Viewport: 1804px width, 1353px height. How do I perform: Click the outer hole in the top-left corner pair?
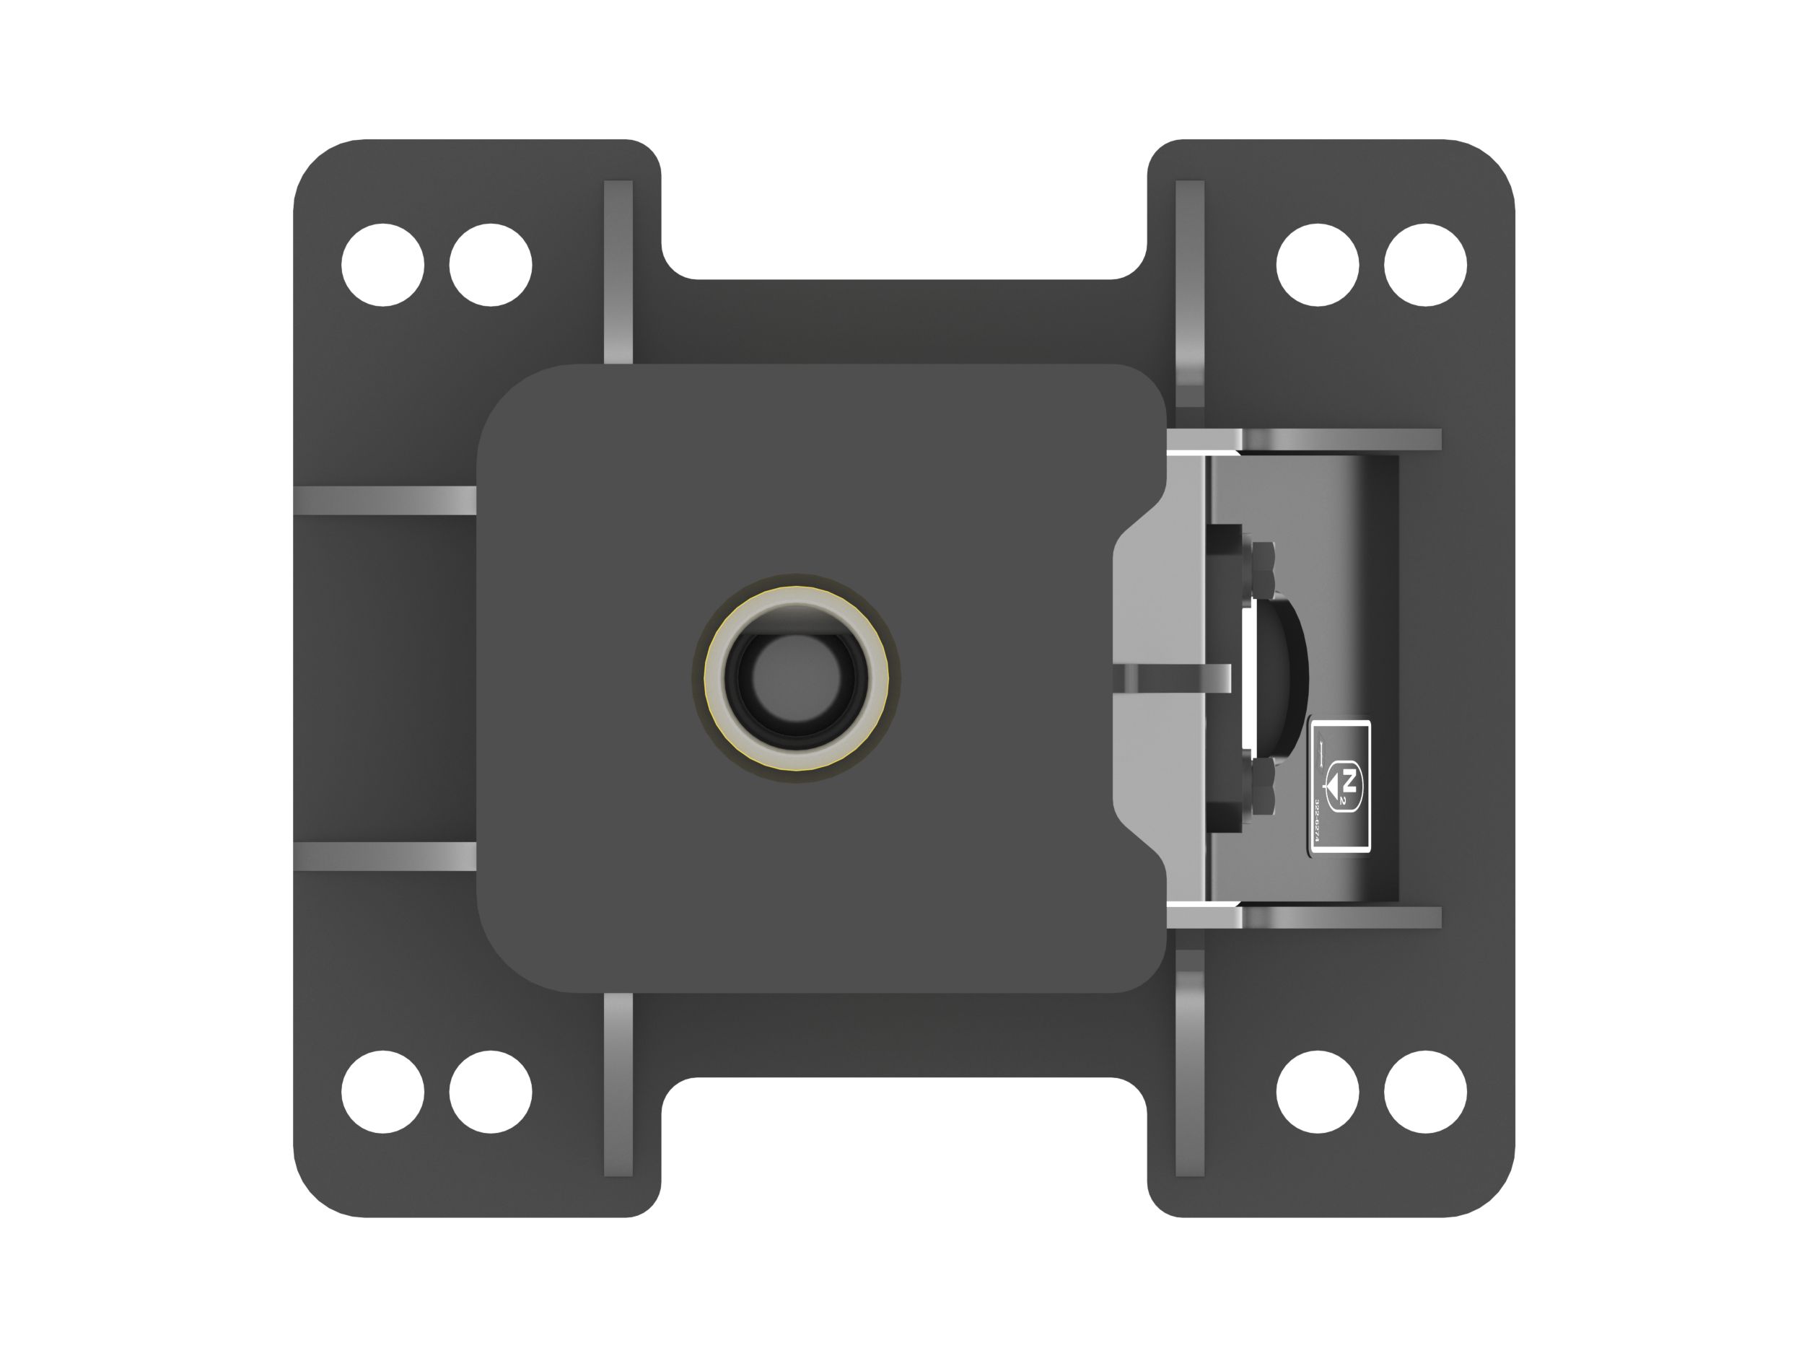point(382,265)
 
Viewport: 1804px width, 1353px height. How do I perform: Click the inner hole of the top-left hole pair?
point(490,265)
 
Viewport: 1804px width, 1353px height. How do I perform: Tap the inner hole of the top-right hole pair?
point(1317,265)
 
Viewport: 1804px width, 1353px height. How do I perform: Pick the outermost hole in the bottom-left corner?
point(382,1092)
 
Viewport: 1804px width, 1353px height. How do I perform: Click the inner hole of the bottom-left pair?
point(490,1092)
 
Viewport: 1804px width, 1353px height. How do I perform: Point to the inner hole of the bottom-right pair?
point(1317,1092)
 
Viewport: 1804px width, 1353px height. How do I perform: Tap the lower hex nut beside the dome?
point(1264,789)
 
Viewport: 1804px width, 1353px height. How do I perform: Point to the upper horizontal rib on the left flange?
point(384,500)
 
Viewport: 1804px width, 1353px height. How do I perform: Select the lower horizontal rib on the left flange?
point(384,857)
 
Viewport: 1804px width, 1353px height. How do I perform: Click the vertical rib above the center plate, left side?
point(618,271)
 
